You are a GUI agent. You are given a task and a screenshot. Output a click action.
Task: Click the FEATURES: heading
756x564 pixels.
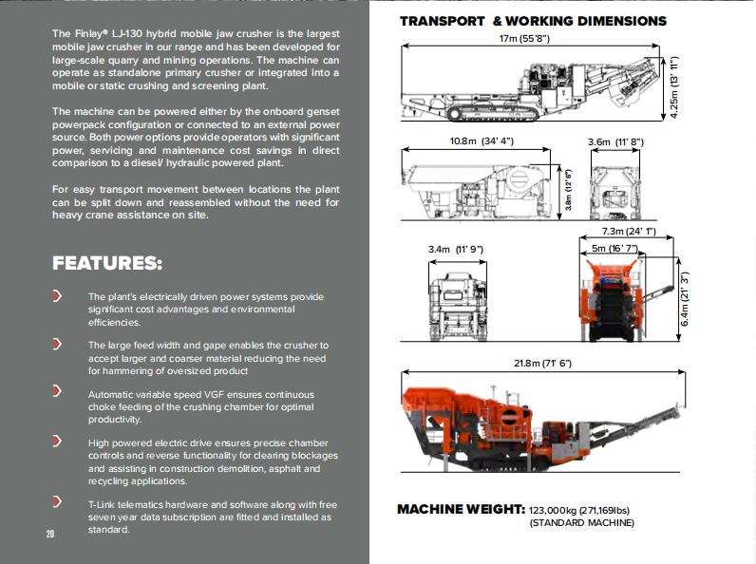[x=106, y=263]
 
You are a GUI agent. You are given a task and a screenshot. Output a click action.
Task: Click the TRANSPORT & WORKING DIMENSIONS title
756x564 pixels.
[x=533, y=21]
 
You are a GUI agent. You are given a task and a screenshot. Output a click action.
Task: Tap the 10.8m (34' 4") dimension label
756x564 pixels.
[x=482, y=141]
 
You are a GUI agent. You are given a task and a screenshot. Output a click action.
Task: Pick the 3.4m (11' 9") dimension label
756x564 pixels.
[x=456, y=249]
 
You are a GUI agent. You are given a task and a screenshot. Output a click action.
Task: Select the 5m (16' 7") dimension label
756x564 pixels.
[x=614, y=249]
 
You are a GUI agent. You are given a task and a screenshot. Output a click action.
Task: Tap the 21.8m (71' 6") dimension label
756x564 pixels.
[x=542, y=364]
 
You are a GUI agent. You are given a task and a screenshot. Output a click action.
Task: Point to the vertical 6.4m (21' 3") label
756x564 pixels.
[x=684, y=301]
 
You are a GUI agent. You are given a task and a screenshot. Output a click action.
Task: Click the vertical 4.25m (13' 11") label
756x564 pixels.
[x=673, y=86]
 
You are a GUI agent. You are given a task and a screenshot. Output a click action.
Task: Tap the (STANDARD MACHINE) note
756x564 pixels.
[x=581, y=523]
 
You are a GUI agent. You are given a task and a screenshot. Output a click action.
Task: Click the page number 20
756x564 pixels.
[x=50, y=534]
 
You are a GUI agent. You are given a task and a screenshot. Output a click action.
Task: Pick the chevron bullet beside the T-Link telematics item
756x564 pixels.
[x=58, y=501]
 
